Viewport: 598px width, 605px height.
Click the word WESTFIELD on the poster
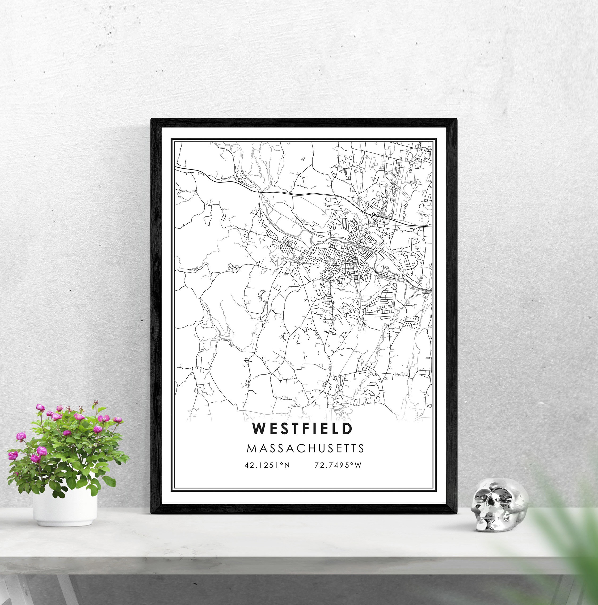tap(302, 429)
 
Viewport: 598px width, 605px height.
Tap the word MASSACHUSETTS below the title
tap(305, 448)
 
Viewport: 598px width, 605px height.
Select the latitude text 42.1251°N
tap(267, 465)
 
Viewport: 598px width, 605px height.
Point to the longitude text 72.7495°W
tap(338, 465)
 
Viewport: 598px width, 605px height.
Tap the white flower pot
tap(65, 507)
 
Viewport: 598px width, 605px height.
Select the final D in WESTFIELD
tap(347, 429)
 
